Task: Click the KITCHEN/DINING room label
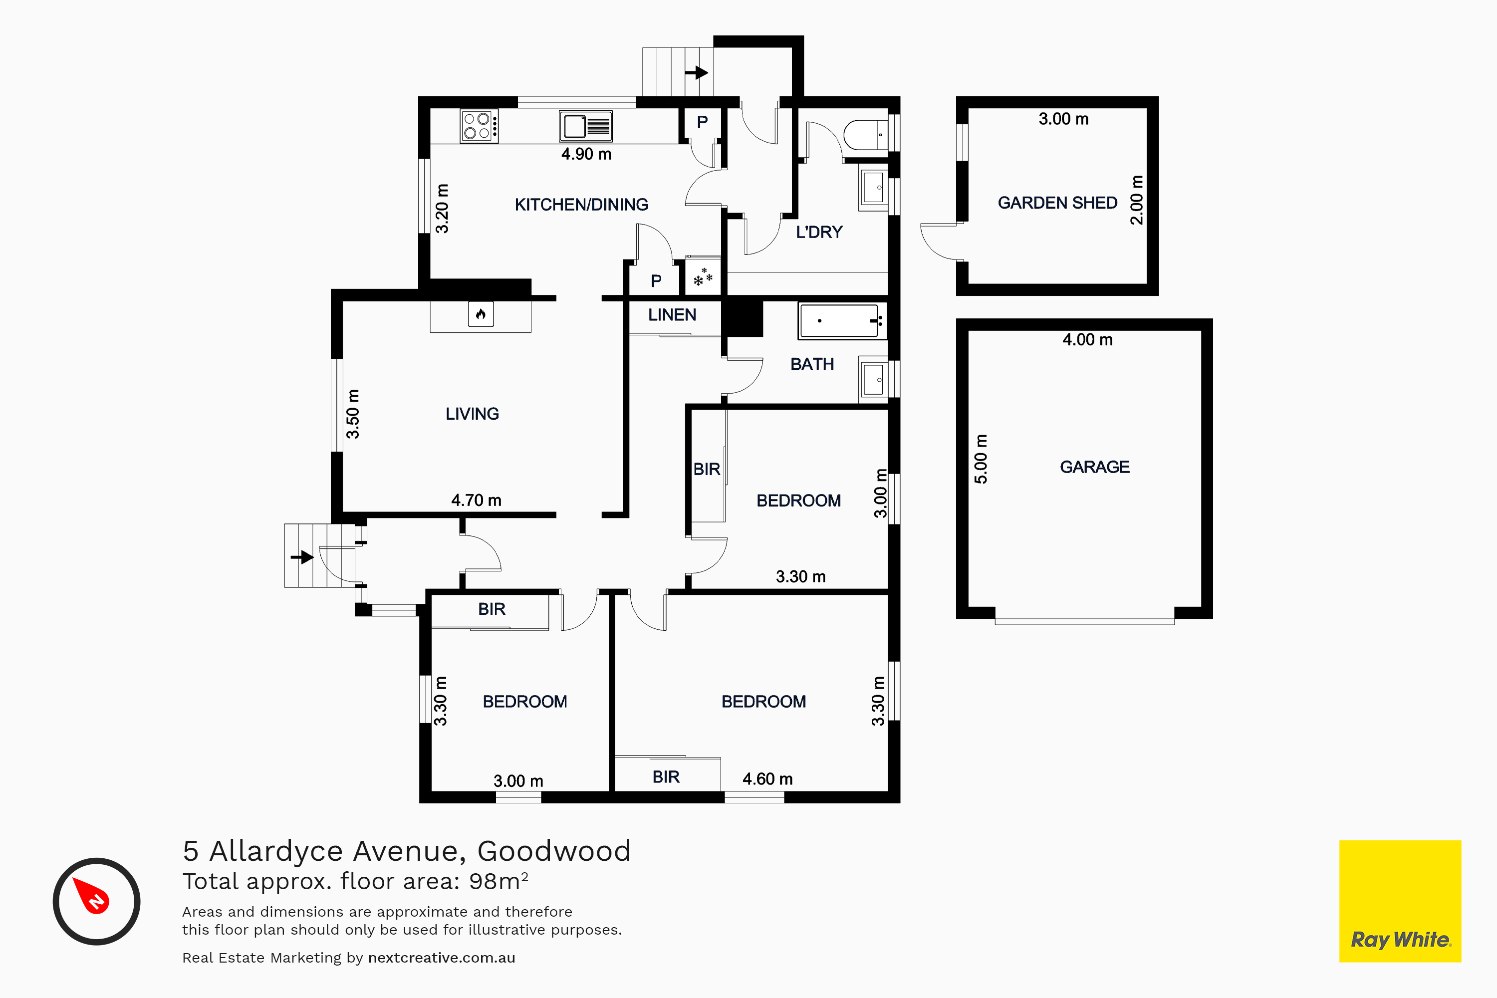(581, 204)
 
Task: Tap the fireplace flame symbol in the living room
(481, 314)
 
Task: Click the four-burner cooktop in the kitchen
(479, 126)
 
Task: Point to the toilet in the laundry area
(866, 135)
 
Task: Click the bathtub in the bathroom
(841, 321)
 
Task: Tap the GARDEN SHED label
(1057, 203)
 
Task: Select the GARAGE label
(1095, 467)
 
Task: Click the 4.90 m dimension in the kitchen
(586, 154)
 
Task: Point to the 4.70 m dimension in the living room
(476, 500)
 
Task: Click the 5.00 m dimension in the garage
(981, 459)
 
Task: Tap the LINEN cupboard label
(672, 314)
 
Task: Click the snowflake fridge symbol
(703, 277)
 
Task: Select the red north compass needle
(91, 896)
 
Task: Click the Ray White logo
(1400, 901)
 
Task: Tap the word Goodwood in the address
(554, 851)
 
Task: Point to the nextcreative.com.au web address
(442, 958)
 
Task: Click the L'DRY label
(819, 232)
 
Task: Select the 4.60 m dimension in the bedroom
(767, 779)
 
